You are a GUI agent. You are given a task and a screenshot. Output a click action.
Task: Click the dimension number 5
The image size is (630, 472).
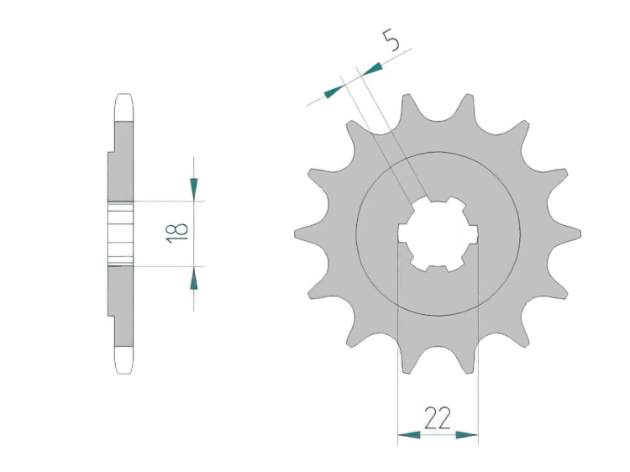391,40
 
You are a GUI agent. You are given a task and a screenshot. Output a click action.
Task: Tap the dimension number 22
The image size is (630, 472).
438,418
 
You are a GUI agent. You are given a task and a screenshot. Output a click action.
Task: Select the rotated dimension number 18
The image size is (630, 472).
177,233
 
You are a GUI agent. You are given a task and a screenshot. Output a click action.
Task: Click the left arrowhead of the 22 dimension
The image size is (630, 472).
409,435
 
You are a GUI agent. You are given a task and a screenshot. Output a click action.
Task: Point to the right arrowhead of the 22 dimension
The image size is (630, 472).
467,435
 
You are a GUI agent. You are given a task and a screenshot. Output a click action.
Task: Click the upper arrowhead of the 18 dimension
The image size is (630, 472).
194,189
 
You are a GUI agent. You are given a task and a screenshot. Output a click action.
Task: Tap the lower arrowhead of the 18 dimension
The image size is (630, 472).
194,278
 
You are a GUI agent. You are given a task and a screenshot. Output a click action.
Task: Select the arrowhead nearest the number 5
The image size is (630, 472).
370,69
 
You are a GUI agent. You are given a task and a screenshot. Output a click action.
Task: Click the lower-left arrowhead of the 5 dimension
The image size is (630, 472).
333,92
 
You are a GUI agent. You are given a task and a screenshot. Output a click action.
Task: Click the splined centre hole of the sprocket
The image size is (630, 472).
438,233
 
